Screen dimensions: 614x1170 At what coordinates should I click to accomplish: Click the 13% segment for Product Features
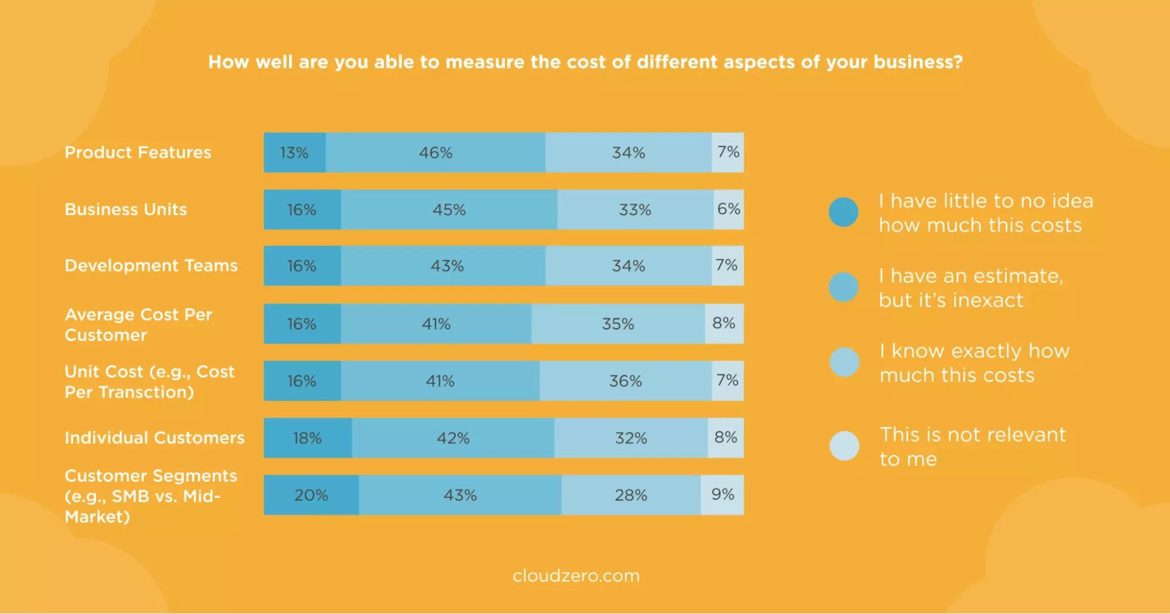click(x=294, y=153)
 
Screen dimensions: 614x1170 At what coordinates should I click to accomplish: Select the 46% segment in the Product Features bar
click(x=435, y=153)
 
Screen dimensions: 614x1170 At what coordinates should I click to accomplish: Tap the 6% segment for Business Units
click(x=729, y=209)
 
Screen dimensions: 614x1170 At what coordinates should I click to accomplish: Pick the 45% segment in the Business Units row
click(x=449, y=209)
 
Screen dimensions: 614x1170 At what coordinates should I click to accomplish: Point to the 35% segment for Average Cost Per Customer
click(x=618, y=323)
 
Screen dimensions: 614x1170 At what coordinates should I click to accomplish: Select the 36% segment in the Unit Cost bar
click(x=625, y=381)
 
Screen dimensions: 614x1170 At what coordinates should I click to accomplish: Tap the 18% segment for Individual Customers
click(x=307, y=438)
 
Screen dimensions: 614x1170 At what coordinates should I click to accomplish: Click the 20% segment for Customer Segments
click(x=311, y=495)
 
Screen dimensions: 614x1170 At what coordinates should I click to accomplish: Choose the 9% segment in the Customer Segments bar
click(x=722, y=495)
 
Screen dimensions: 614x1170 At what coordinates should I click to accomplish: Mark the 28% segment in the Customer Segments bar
click(x=630, y=495)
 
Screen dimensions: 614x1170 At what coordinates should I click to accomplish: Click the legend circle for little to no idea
click(x=843, y=212)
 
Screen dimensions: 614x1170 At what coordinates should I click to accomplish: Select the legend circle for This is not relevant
click(x=844, y=446)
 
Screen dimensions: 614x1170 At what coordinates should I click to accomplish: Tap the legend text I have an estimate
click(x=970, y=287)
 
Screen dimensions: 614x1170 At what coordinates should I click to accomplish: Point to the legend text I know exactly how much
click(x=974, y=363)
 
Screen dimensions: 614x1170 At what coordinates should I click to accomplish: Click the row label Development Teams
click(x=151, y=265)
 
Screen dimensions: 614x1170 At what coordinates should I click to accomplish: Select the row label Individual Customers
click(x=155, y=437)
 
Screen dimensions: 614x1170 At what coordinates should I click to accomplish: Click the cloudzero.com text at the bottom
click(x=576, y=576)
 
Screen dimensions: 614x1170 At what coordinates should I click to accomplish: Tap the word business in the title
click(x=917, y=62)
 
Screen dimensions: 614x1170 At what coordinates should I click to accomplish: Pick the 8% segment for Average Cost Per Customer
click(x=724, y=323)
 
